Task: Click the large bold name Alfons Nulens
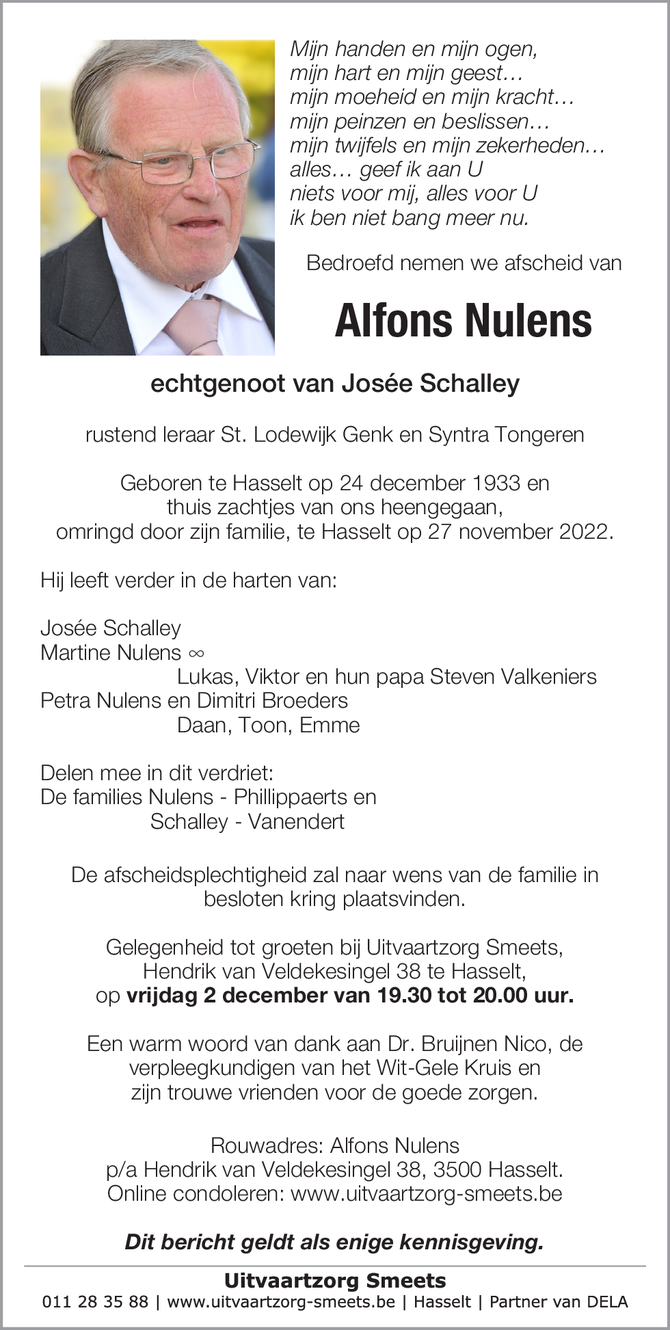463,321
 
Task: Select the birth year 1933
495,483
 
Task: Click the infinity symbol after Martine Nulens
196,653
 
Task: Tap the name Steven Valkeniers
513,676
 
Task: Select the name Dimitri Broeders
273,700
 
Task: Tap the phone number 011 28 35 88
95,1301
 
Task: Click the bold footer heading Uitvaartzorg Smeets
335,1280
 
